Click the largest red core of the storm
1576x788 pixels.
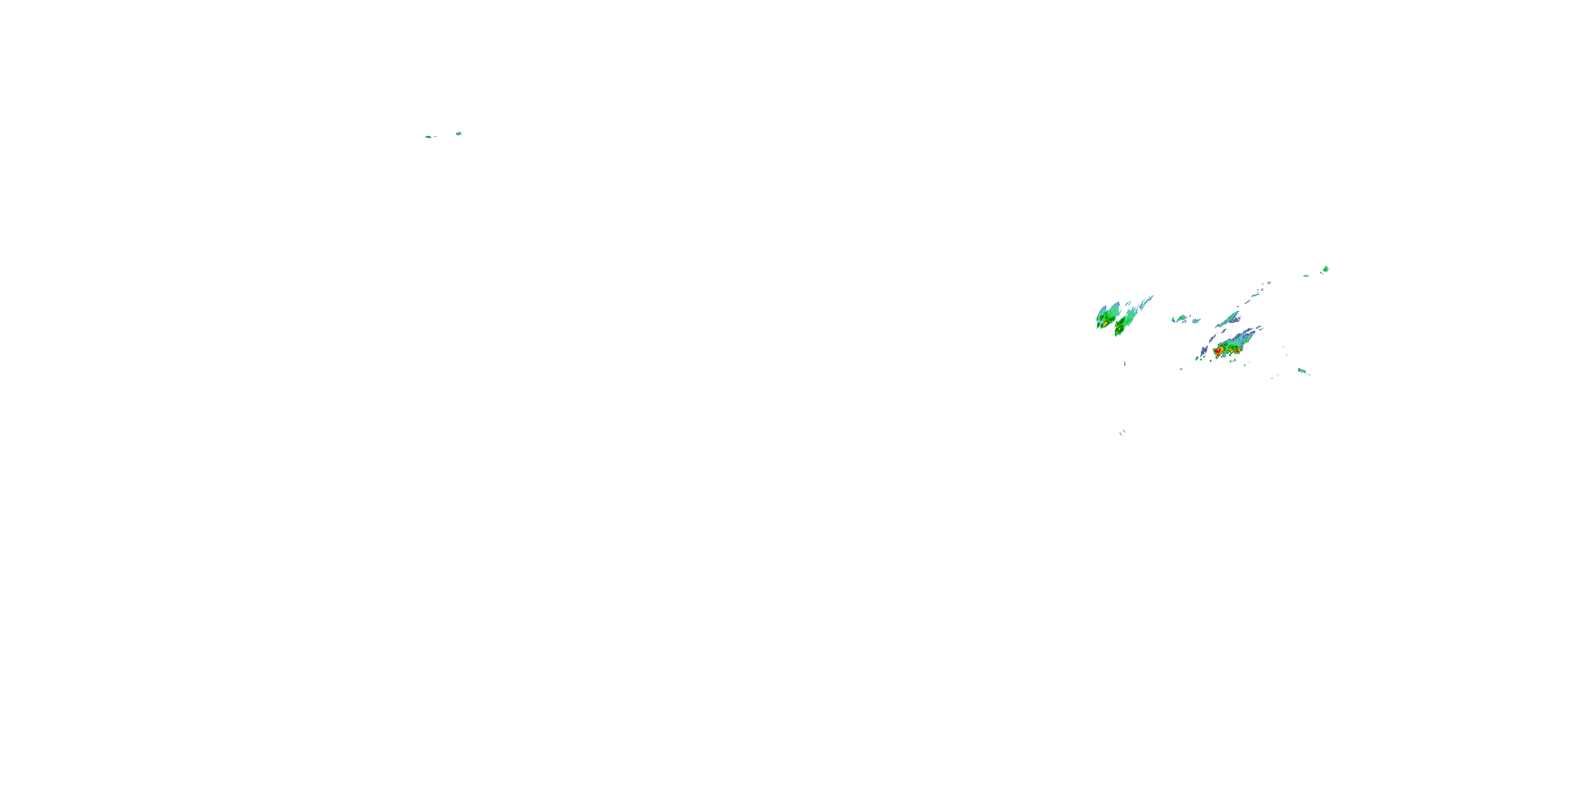(1218, 352)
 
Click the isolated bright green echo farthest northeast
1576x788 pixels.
(1325, 268)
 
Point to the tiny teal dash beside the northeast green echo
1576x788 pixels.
(1305, 276)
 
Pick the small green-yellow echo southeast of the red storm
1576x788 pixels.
(1302, 371)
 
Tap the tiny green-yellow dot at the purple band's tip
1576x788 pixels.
(1197, 358)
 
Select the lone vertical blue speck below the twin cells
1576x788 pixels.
(1125, 364)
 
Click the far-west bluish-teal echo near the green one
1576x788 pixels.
(458, 133)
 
